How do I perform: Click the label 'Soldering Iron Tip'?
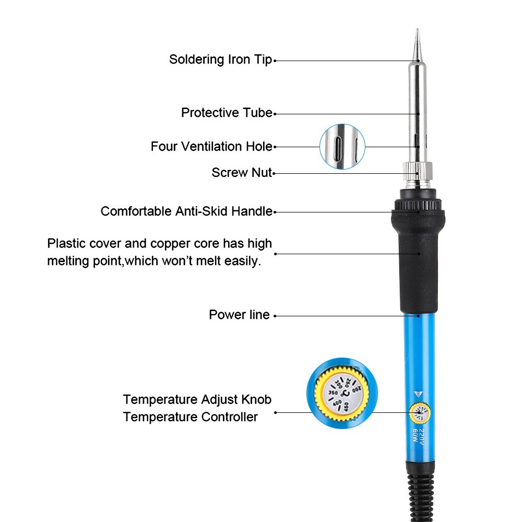[x=220, y=60]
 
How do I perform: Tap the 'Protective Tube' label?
[x=227, y=113]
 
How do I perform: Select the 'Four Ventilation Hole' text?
[x=211, y=147]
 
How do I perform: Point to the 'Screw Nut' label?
[x=242, y=172]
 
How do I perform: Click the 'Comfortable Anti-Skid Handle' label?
[x=186, y=211]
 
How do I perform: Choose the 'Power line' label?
[x=239, y=315]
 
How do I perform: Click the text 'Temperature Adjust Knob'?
[x=197, y=400]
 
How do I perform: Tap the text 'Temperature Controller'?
[x=191, y=417]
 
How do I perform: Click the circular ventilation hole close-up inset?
[x=342, y=146]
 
